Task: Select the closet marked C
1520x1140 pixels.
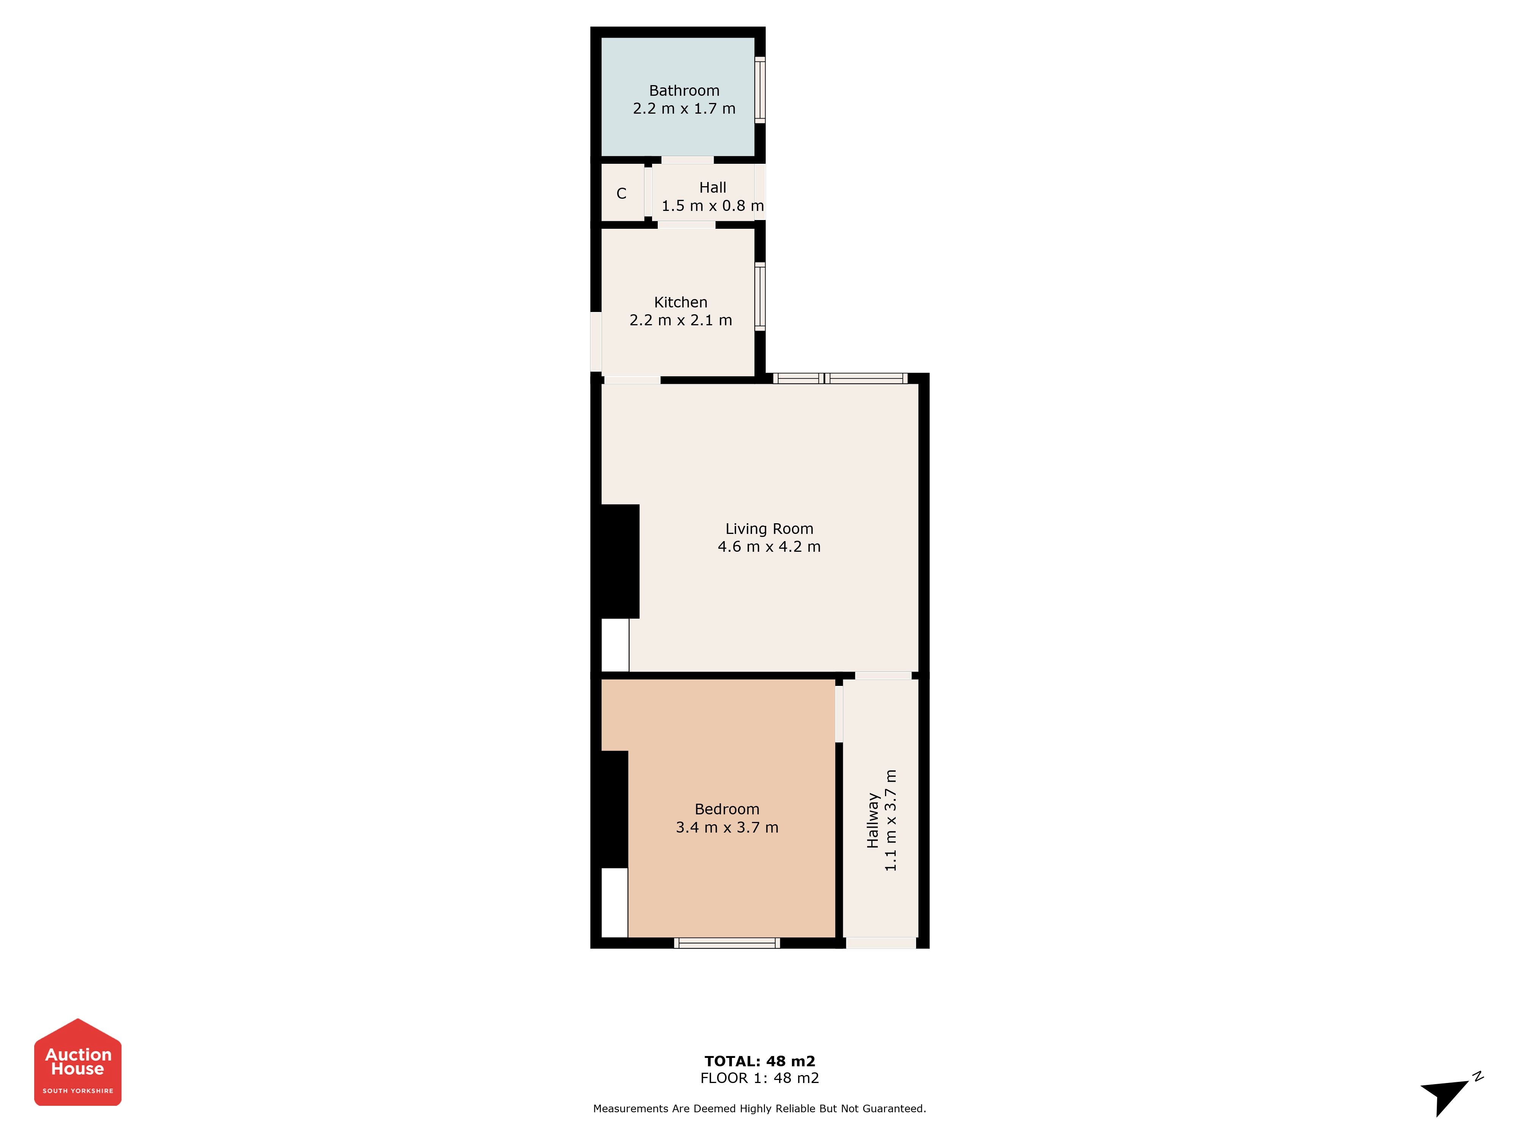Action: tap(622, 193)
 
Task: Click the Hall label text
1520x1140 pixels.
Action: tap(712, 188)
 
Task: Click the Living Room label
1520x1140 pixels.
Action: tap(769, 529)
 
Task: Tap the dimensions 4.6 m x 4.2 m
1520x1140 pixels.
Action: tap(769, 547)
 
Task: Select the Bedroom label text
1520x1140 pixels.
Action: tap(727, 809)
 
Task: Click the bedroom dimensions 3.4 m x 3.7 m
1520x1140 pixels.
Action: tap(727, 827)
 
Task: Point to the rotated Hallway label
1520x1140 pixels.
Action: tap(873, 820)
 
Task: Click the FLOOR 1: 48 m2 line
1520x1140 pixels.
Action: tap(759, 1078)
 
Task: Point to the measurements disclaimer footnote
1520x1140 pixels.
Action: tap(759, 1108)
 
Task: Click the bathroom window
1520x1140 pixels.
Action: tap(760, 90)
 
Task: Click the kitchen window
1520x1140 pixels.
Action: tap(760, 296)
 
